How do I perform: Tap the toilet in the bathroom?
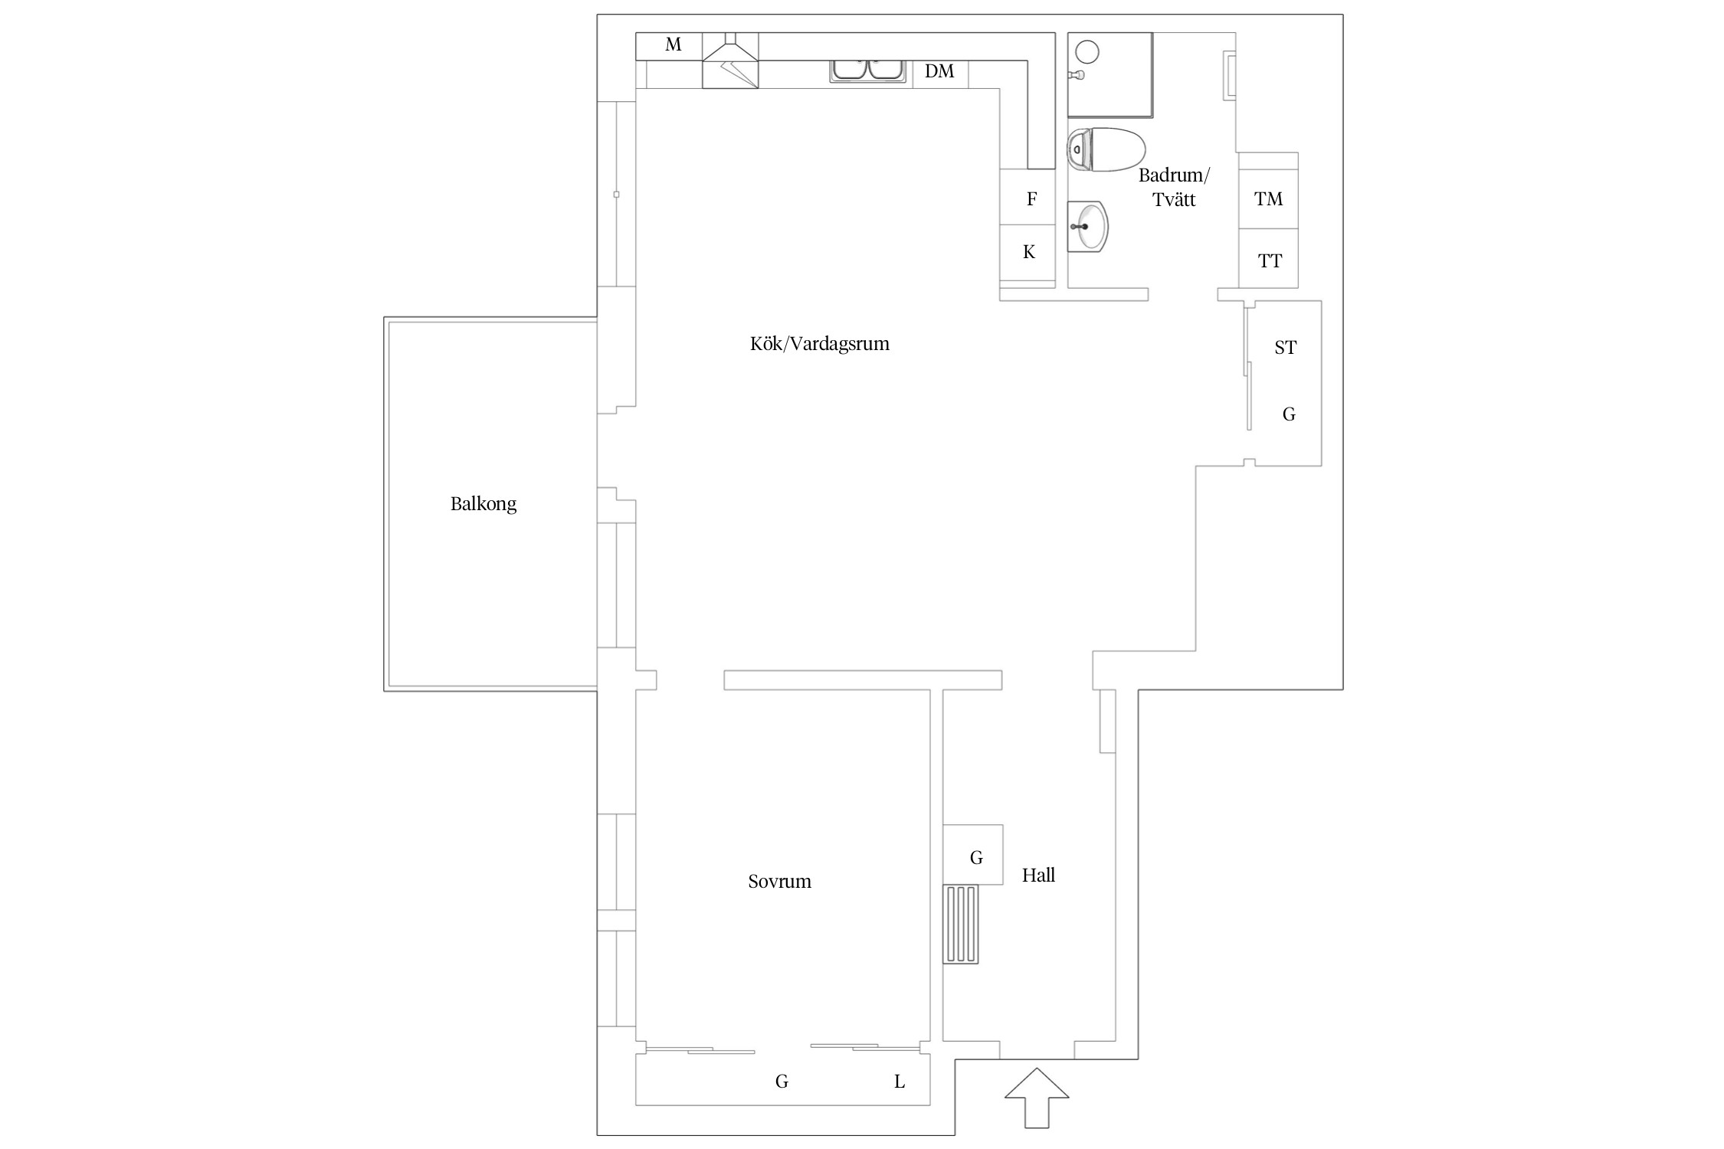[1106, 149]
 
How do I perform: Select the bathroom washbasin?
[1087, 226]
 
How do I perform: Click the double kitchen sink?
[868, 70]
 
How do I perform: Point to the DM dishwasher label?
[939, 71]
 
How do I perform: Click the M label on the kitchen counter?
[674, 44]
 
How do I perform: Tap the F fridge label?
[1032, 199]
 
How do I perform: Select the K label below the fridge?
[1029, 252]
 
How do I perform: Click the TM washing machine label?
[1268, 199]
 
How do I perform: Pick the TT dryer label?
[1270, 261]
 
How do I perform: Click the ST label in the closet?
[1285, 348]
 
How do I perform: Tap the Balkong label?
[483, 504]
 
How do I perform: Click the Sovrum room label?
[779, 881]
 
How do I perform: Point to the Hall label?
[1038, 875]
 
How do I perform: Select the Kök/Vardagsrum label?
[820, 343]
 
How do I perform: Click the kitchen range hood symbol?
[730, 61]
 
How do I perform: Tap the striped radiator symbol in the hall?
[961, 924]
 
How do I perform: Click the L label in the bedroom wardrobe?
[900, 1082]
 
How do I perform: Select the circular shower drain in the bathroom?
[1087, 52]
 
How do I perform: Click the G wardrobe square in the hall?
[973, 855]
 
